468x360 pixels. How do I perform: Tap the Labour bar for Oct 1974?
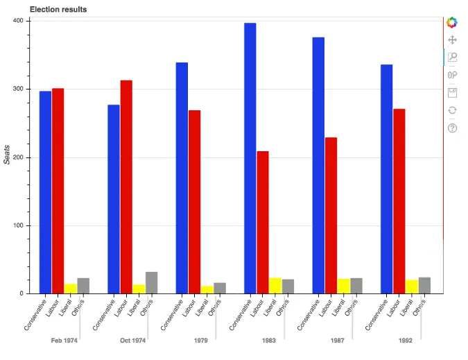click(x=126, y=187)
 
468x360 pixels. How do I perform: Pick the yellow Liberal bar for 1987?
click(x=344, y=286)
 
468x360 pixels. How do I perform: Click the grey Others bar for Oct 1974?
click(x=151, y=282)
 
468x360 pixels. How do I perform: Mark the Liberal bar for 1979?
click(x=207, y=289)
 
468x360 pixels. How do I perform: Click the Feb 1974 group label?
click(x=64, y=341)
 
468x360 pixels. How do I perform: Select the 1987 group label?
click(x=338, y=341)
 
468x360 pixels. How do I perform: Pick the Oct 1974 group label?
click(x=132, y=341)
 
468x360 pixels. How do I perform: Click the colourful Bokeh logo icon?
click(x=452, y=23)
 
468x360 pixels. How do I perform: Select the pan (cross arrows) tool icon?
click(x=452, y=41)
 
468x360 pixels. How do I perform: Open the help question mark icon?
click(x=452, y=128)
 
